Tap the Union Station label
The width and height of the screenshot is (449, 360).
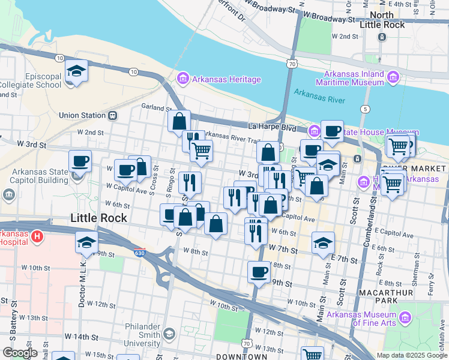(82, 115)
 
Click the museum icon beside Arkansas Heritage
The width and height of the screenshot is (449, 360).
(182, 79)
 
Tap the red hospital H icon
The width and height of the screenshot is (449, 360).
(37, 237)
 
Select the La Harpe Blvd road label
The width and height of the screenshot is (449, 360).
(273, 127)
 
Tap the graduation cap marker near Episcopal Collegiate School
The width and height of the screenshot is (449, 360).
(77, 71)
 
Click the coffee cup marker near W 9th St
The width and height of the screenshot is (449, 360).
(259, 272)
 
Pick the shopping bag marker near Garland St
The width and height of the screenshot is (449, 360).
(179, 121)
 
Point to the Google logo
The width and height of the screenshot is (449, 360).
(20, 353)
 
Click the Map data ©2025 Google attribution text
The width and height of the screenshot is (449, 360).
(411, 355)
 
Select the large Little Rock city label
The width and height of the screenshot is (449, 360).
(99, 218)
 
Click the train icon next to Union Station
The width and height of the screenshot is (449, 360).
(112, 115)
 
